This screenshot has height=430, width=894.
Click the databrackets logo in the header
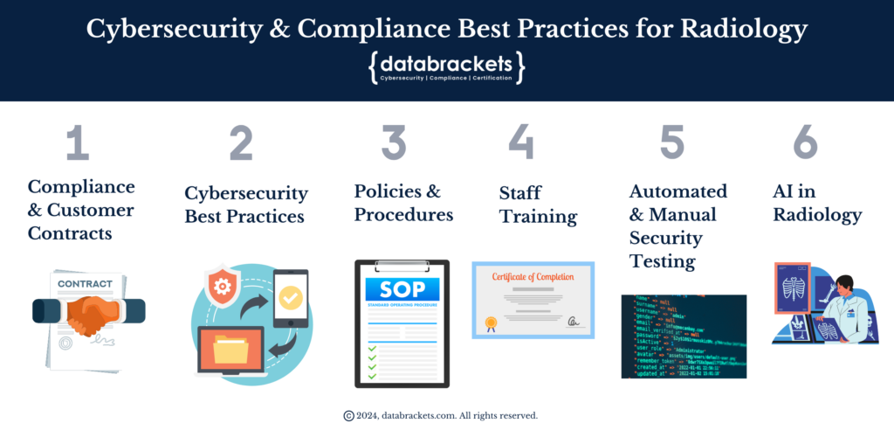(x=447, y=67)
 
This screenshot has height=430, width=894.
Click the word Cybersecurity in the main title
(x=181, y=28)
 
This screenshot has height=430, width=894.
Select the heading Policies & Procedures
(x=403, y=202)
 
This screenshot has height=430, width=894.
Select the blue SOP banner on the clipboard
(x=402, y=290)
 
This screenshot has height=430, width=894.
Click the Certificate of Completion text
(x=533, y=277)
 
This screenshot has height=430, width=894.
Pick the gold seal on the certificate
(x=492, y=323)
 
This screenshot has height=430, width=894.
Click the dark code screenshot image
(x=684, y=336)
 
